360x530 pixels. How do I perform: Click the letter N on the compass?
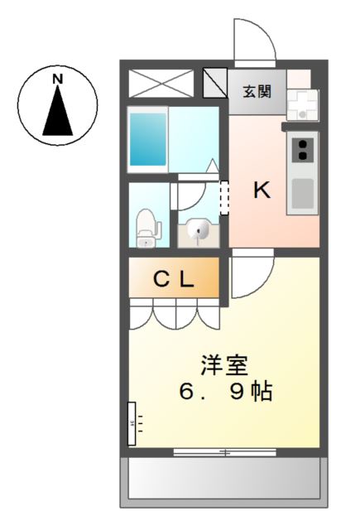click(x=58, y=79)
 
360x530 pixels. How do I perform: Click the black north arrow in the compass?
click(x=58, y=112)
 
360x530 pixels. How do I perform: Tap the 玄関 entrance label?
click(x=257, y=92)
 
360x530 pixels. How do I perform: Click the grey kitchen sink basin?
click(x=303, y=192)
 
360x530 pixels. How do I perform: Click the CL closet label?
click(x=174, y=280)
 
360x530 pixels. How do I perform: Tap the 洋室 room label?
click(x=224, y=364)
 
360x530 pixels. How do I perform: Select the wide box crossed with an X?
click(x=161, y=84)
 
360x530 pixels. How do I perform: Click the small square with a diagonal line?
click(x=214, y=84)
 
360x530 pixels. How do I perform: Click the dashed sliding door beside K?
click(x=223, y=199)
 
